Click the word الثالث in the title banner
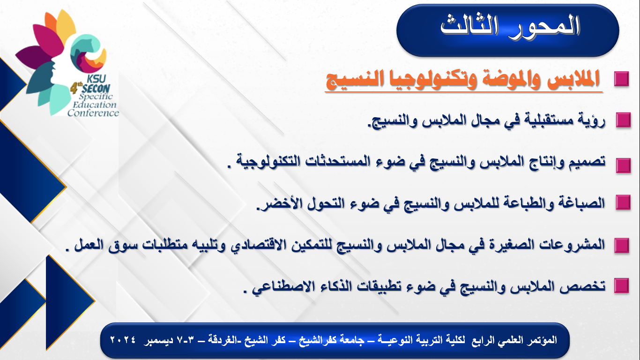pos(469,26)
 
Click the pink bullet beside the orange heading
pos(621,79)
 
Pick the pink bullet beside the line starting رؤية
pos(623,120)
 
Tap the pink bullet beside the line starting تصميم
pos(623,165)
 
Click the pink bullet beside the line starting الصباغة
pos(623,202)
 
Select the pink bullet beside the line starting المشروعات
pos(622,245)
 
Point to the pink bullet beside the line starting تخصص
pos(622,285)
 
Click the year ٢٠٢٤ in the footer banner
pos(123,340)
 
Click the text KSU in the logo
pos(97,79)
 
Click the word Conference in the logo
pos(93,113)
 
